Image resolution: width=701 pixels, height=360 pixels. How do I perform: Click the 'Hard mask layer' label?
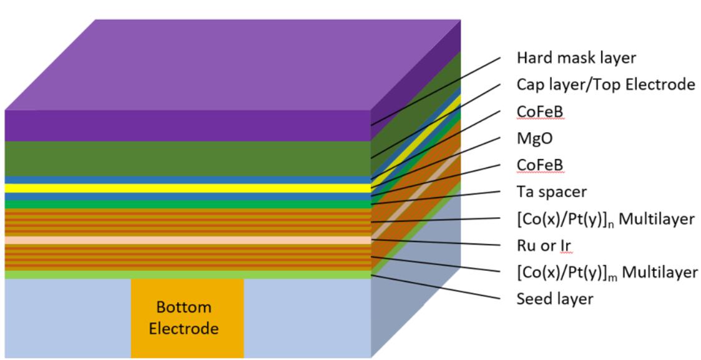click(576, 58)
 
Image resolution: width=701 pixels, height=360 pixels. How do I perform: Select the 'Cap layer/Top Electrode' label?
click(605, 84)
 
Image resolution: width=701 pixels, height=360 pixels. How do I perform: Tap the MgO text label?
click(534, 138)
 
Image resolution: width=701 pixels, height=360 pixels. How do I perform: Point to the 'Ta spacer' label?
click(551, 192)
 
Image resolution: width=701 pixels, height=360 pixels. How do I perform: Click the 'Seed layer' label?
click(554, 299)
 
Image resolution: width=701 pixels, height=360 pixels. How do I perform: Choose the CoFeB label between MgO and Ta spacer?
click(540, 165)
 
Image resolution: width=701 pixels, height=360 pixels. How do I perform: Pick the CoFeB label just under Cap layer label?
click(540, 111)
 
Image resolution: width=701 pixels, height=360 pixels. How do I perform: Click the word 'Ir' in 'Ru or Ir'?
click(567, 246)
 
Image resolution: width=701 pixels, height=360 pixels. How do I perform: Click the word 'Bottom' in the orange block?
click(184, 307)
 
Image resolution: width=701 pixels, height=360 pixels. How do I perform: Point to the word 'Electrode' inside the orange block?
click(184, 328)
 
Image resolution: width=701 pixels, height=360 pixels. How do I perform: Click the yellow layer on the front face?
click(187, 188)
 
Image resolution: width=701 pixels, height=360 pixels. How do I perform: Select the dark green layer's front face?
click(187, 158)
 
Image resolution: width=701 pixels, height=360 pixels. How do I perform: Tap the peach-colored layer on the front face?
click(187, 240)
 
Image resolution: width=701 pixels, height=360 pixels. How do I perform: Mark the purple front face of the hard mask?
click(187, 125)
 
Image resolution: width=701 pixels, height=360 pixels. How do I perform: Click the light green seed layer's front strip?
click(187, 275)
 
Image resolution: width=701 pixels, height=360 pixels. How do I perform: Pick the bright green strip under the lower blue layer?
click(187, 204)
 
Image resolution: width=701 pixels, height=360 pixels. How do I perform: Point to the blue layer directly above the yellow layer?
click(187, 180)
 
